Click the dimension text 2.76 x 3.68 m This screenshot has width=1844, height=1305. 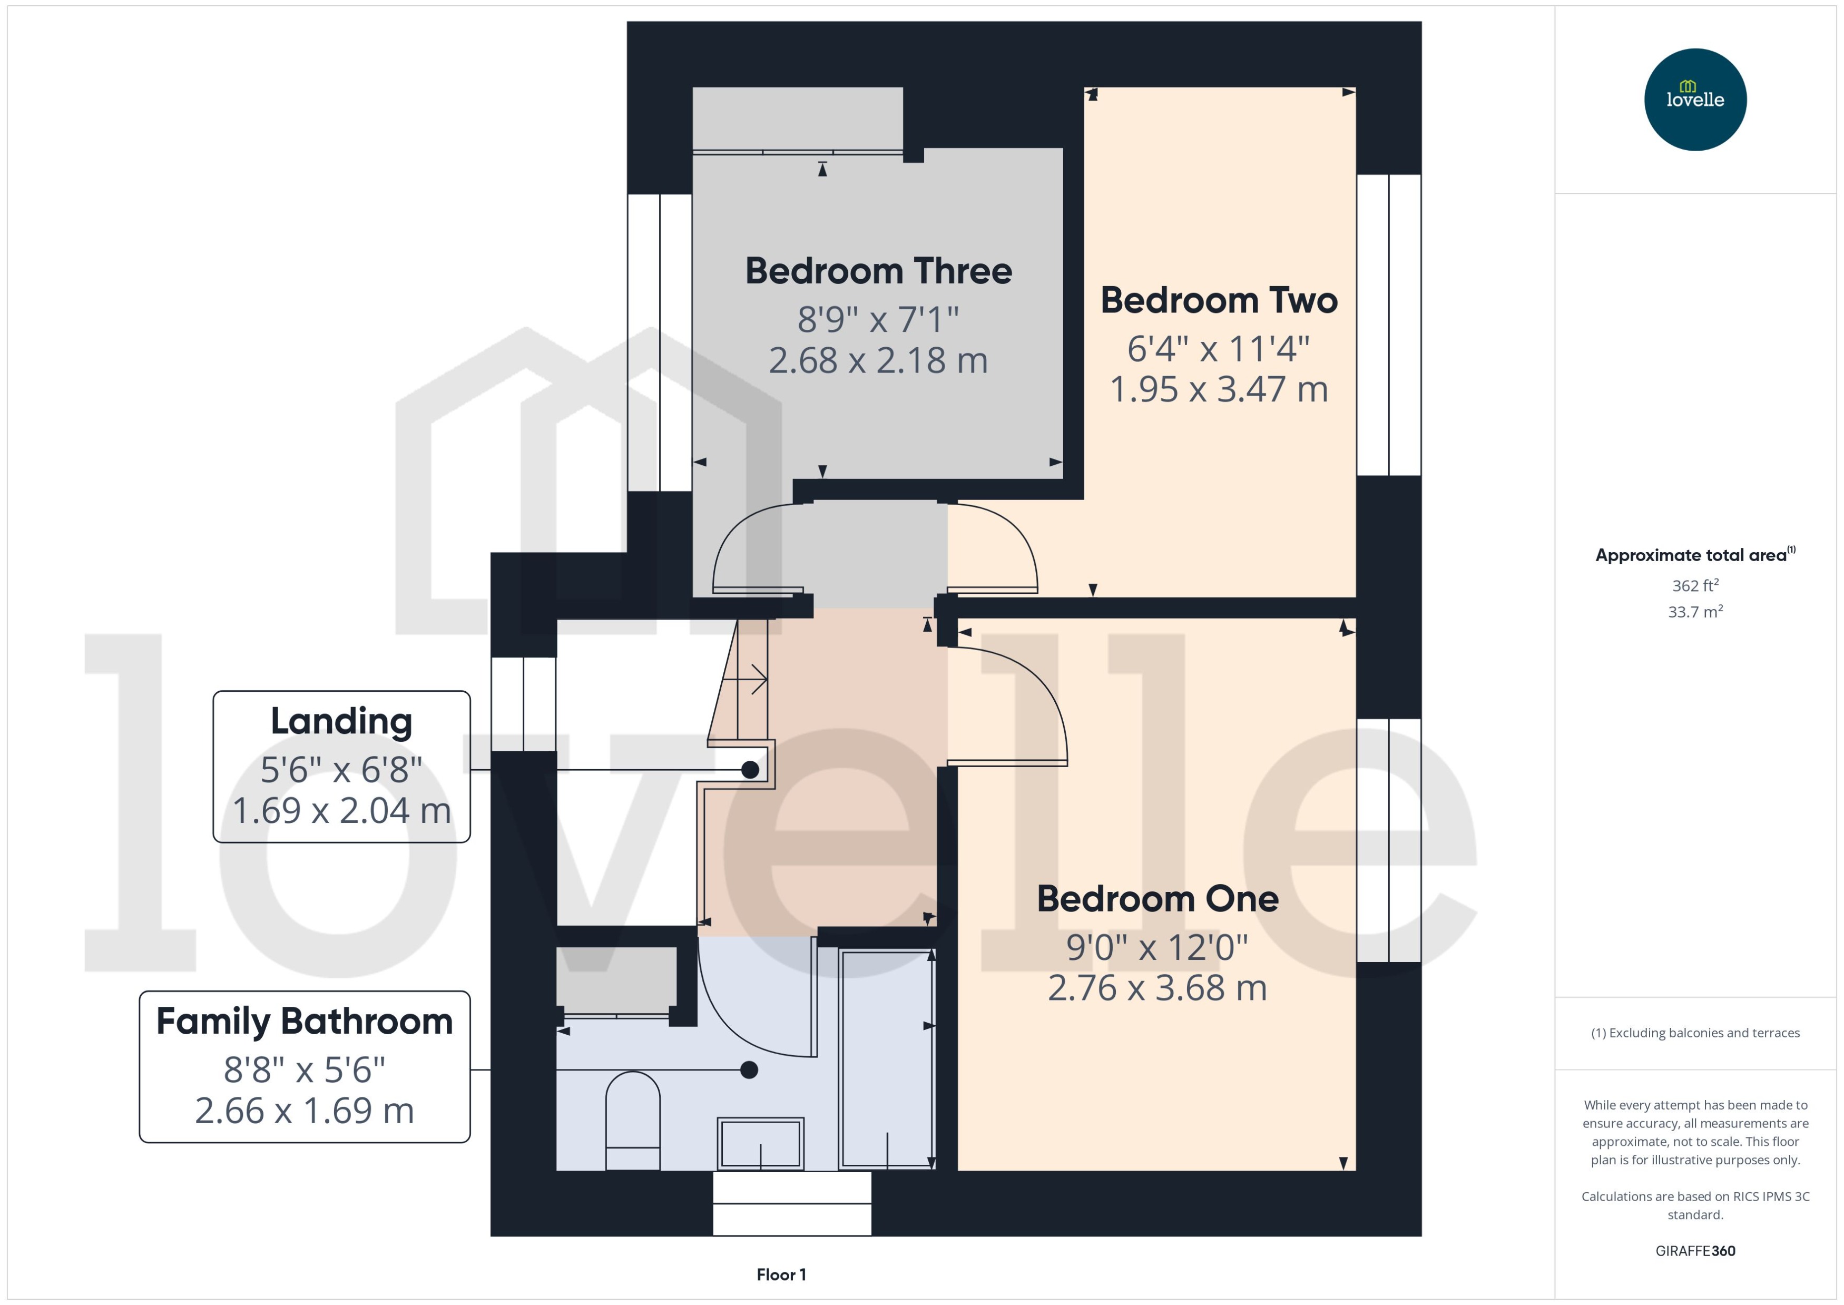[1157, 988]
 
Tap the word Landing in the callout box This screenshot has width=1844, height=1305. [341, 721]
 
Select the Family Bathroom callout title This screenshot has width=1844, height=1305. [305, 1022]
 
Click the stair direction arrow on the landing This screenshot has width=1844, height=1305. [756, 679]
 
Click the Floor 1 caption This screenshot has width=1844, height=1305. [781, 1274]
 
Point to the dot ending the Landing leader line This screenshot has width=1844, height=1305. [750, 770]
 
